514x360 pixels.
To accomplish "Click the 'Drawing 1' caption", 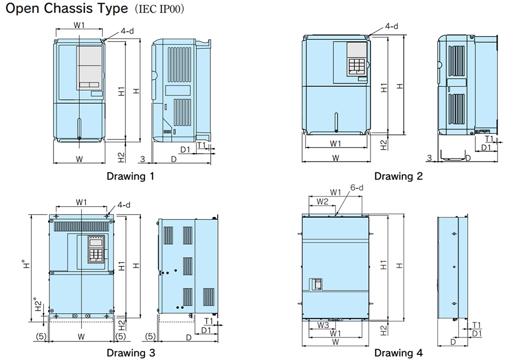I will click(130, 176).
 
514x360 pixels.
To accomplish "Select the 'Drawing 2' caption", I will click(398, 176).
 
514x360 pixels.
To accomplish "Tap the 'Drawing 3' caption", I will click(130, 353).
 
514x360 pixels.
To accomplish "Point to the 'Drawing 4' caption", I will click(398, 353).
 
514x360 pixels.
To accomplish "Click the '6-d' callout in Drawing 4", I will click(357, 188).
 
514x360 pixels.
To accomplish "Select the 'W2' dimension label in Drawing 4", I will click(322, 201).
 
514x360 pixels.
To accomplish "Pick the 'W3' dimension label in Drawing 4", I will click(322, 325).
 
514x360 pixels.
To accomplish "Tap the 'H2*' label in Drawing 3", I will click(37, 303).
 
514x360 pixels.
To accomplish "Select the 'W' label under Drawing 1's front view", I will click(79, 159).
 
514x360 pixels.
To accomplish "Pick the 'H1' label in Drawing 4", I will click(383, 265).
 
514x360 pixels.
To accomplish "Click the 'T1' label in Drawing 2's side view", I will click(489, 139).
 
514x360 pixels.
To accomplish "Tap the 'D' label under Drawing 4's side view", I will click(453, 341).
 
